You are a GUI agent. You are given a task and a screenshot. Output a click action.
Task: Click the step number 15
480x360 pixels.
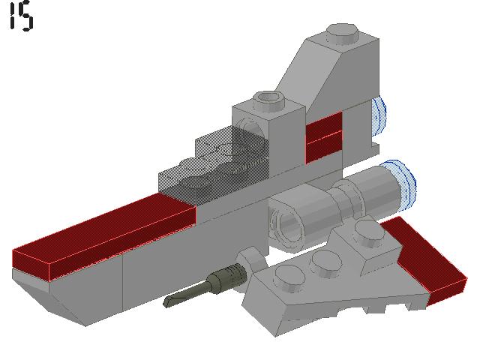point(21,17)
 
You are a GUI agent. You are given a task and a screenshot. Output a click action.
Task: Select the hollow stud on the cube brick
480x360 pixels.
point(268,99)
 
